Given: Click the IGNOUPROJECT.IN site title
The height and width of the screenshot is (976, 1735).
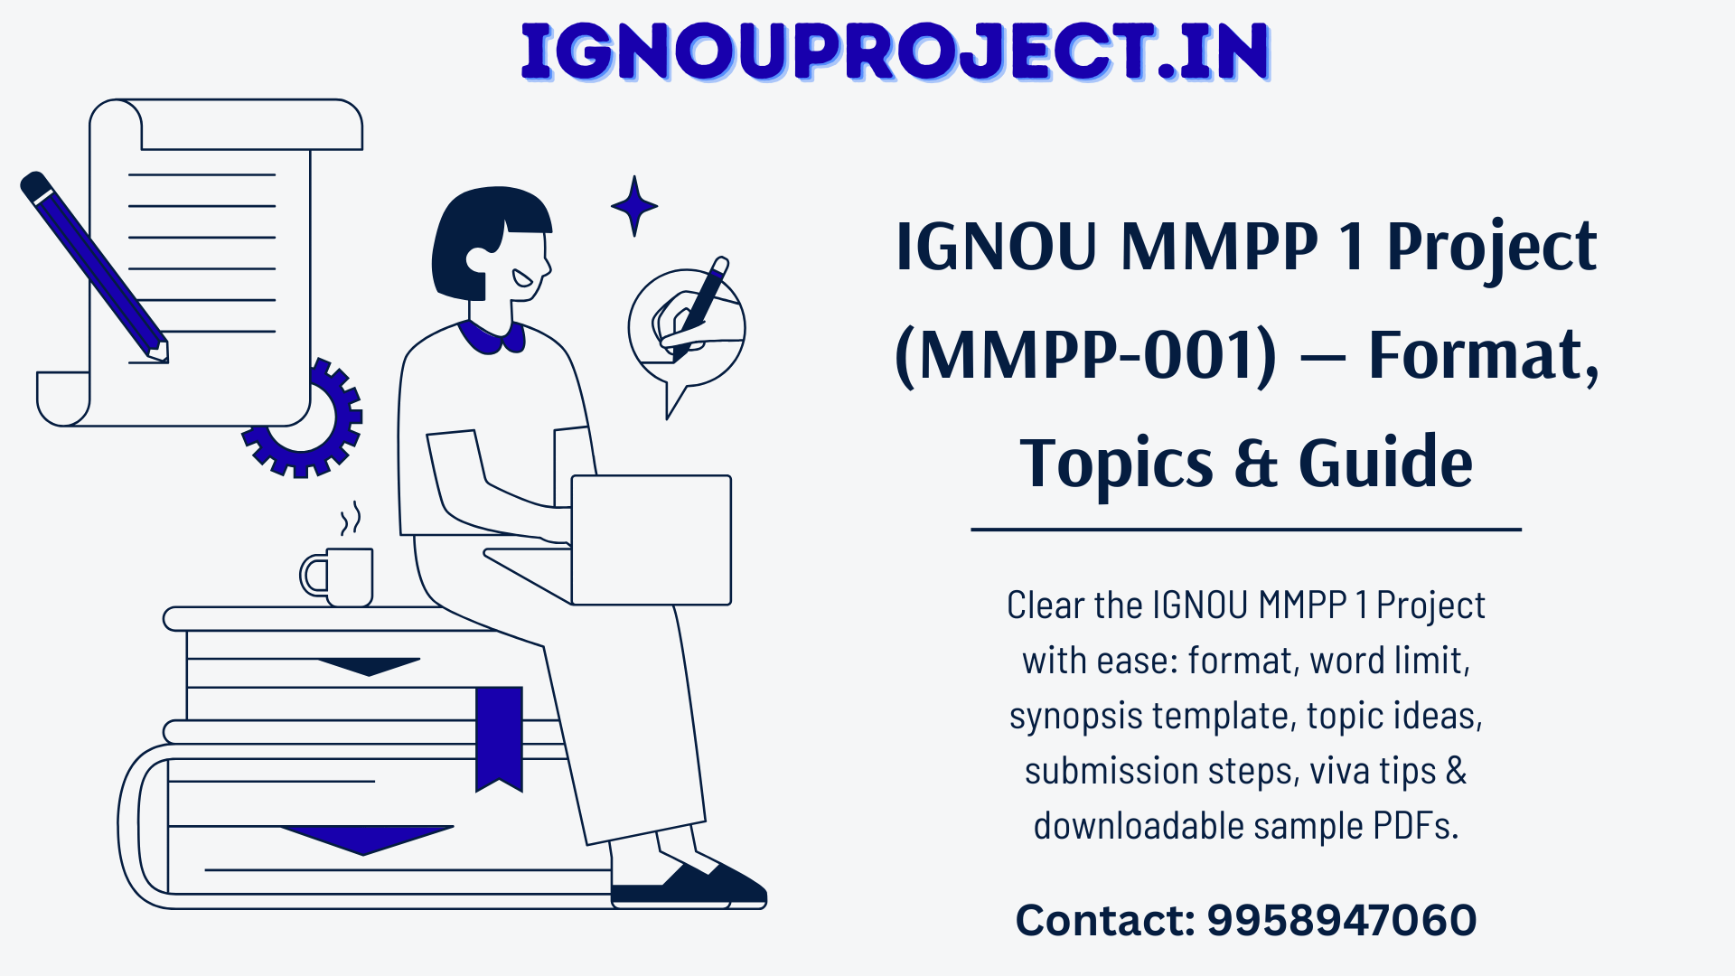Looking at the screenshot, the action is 896,52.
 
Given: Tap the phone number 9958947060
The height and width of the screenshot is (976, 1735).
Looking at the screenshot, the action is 1342,920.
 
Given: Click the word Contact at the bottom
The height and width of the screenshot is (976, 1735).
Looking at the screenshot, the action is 1105,920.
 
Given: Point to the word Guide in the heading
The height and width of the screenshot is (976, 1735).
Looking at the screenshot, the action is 1386,462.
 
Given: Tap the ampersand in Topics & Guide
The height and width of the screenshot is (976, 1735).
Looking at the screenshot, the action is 1256,463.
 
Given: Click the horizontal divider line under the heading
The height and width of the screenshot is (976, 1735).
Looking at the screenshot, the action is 1246,530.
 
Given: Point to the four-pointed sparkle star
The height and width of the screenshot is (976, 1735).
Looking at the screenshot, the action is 634,206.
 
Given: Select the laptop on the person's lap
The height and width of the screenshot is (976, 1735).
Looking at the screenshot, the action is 651,540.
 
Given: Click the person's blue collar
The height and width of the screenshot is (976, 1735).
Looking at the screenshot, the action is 492,336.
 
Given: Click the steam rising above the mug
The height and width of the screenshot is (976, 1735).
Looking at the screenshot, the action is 351,519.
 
